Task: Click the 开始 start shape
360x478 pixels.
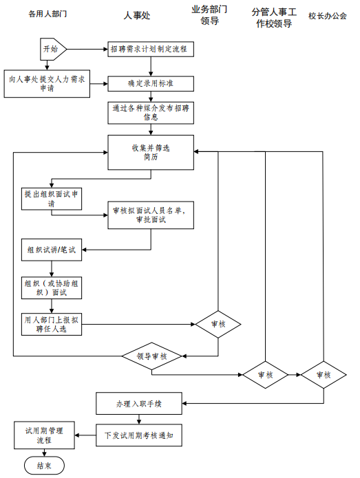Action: (x=53, y=49)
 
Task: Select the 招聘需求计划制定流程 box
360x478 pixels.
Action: (x=151, y=49)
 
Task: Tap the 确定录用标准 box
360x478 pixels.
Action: (x=151, y=83)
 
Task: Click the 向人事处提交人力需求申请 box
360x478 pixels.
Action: (x=47, y=84)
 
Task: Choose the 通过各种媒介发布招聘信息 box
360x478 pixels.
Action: (x=151, y=113)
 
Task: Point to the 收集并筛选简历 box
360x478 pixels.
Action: (x=151, y=153)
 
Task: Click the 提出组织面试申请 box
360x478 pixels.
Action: (x=52, y=199)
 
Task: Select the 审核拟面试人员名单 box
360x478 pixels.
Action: (x=151, y=215)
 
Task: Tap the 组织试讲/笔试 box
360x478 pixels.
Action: (x=52, y=250)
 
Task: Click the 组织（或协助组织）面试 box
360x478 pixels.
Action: (x=52, y=287)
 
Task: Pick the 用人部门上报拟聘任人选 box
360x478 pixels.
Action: (x=52, y=325)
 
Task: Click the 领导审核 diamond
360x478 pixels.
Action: (x=152, y=356)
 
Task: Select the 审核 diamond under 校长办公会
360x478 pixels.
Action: (x=324, y=375)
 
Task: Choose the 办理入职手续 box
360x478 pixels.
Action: (x=139, y=404)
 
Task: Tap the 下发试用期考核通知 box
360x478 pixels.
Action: (x=139, y=435)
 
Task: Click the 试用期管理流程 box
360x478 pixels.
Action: (x=44, y=435)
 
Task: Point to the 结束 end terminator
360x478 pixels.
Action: (x=44, y=466)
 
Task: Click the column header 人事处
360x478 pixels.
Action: (x=137, y=15)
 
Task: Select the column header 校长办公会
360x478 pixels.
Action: (x=328, y=16)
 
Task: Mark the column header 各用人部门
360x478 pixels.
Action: (x=47, y=14)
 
